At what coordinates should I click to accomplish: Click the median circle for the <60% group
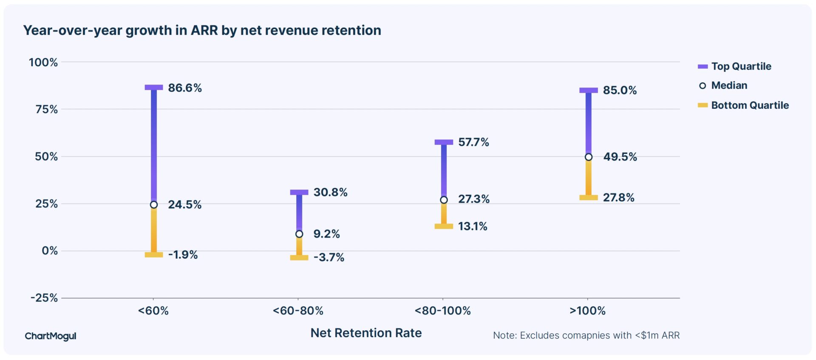[x=154, y=205]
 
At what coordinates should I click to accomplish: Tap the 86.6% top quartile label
[x=184, y=88]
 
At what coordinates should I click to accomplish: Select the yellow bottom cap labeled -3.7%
[x=299, y=258]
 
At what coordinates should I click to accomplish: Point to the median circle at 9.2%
[x=299, y=234]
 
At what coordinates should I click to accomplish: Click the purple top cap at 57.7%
[x=444, y=142]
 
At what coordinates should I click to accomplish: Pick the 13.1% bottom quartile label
[x=472, y=227]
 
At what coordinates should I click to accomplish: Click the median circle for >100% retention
[x=589, y=157]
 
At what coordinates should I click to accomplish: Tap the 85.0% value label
[x=620, y=91]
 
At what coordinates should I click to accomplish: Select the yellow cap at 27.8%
[x=589, y=198]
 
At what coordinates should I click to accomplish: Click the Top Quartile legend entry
[x=741, y=66]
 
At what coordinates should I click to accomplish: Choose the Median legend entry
[x=728, y=85]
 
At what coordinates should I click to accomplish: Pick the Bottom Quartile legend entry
[x=749, y=105]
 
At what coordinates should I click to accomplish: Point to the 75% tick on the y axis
[x=46, y=110]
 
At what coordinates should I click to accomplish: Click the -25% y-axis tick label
[x=44, y=298]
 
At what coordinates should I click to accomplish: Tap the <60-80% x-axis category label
[x=298, y=311]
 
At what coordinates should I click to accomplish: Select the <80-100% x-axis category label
[x=442, y=311]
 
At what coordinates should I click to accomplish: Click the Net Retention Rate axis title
[x=366, y=333]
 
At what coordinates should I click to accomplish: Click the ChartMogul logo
[x=51, y=336]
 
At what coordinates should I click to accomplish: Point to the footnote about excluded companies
[x=586, y=336]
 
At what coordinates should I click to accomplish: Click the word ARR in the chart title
[x=204, y=31]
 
